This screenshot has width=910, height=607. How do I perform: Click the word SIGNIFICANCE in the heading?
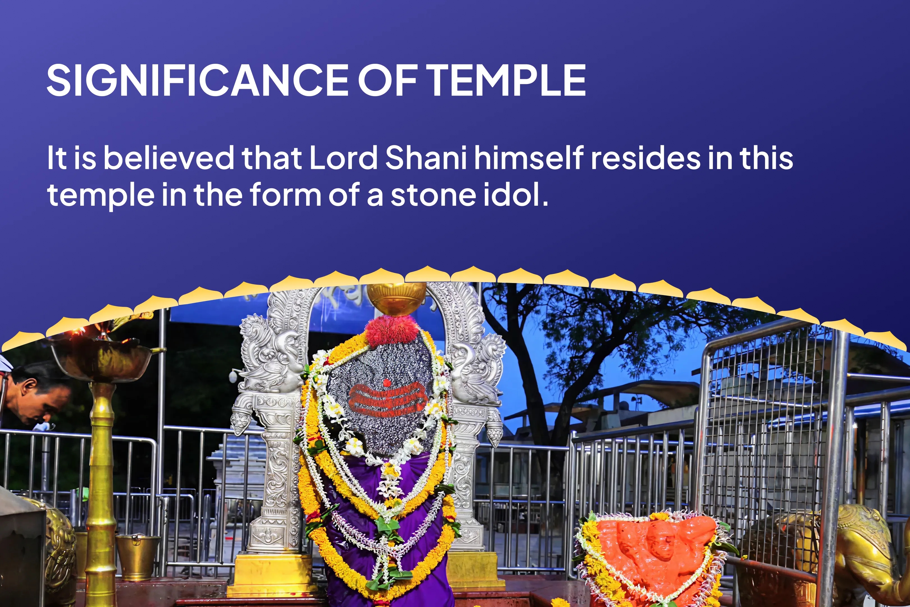click(x=198, y=80)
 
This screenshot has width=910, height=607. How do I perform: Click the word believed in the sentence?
click(x=169, y=158)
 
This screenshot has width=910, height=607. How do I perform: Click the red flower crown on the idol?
click(x=392, y=330)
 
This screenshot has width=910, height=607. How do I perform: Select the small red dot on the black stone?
click(x=386, y=383)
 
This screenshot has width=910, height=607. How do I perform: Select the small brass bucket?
click(x=137, y=558)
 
